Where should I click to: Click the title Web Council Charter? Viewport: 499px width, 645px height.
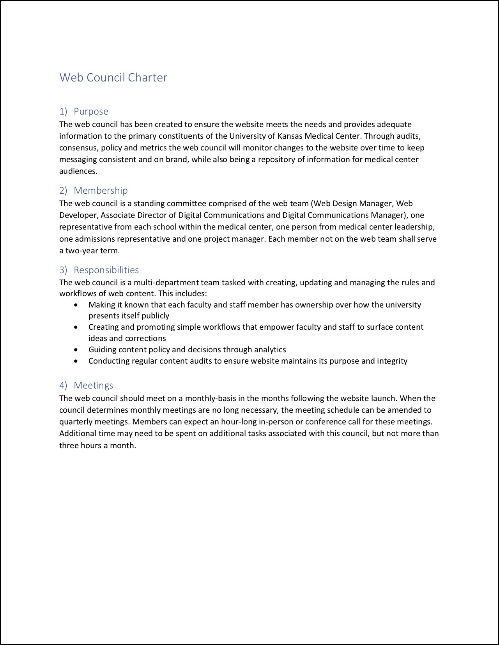tap(113, 78)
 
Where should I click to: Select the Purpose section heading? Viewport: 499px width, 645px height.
tap(91, 111)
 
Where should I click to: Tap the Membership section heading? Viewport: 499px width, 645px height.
tap(101, 191)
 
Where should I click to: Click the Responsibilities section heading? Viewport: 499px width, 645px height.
tap(106, 270)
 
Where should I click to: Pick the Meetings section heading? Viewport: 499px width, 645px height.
tap(93, 385)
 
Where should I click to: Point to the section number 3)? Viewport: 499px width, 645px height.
tap(63, 270)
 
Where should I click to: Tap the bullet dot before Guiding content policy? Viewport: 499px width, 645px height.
tap(76, 350)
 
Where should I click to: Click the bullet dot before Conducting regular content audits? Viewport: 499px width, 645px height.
tap(76, 361)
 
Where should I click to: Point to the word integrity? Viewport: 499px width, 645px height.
tap(392, 361)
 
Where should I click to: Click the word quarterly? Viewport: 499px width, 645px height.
tap(76, 422)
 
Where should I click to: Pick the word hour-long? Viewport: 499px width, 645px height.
tap(239, 422)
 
